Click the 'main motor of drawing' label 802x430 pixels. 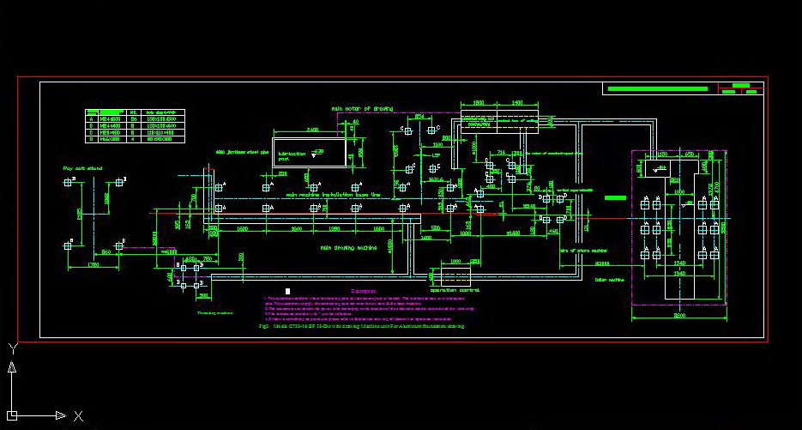pos(363,109)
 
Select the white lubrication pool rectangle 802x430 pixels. pos(310,152)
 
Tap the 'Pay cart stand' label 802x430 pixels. pos(82,168)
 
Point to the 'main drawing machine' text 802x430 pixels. pos(348,248)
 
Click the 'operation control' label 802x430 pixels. pos(459,290)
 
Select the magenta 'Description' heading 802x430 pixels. pos(364,291)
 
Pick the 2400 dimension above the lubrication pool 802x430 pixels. pos(312,130)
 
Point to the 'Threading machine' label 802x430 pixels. pos(214,313)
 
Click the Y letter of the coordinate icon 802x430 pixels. pos(12,348)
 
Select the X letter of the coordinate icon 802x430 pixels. pos(78,415)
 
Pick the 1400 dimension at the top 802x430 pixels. pos(517,102)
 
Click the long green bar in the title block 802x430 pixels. pos(660,88)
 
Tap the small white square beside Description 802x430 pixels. pos(288,292)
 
